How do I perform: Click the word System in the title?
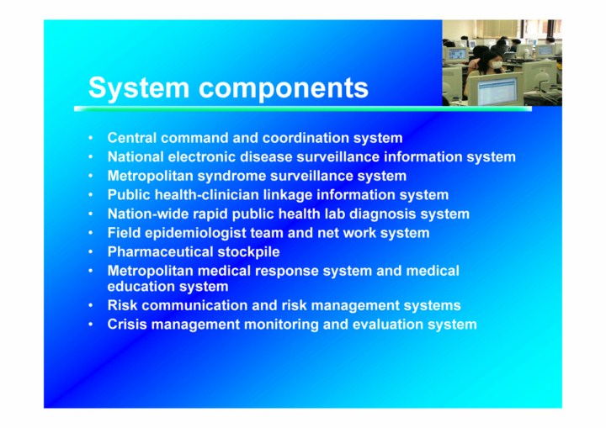[139, 88]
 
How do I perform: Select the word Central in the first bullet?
[132, 138]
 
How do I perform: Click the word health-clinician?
[206, 195]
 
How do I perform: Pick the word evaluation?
[388, 325]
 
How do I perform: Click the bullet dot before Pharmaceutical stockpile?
[90, 252]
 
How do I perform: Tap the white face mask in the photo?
[497, 66]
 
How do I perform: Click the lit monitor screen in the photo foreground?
[497, 91]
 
